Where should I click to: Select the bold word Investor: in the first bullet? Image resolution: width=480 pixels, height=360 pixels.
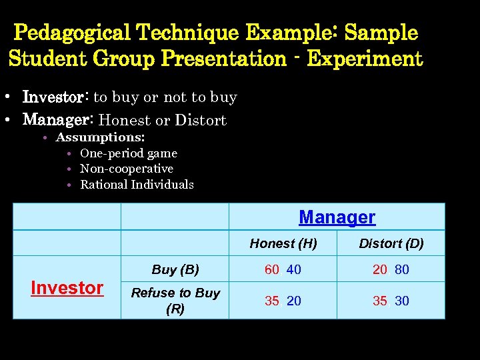pos(56,97)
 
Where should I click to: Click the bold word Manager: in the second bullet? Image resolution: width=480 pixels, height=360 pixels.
pos(59,120)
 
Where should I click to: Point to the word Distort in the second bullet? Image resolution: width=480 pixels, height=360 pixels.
pos(200,120)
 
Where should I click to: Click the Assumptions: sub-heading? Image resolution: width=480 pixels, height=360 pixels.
pos(100,137)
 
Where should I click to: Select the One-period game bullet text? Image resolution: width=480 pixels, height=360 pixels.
pos(129,153)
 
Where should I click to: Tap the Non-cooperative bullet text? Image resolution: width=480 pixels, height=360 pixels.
pos(127,169)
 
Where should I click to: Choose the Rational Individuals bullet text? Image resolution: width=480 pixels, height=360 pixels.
pos(137,185)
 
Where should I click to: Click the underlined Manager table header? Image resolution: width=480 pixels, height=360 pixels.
pos(337,217)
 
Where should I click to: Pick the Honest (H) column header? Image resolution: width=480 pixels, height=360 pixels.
pos(283,243)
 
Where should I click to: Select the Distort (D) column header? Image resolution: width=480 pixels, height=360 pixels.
pos(391,243)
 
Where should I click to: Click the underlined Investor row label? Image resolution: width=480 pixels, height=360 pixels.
pos(67,288)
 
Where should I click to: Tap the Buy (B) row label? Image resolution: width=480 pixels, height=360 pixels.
pos(175,269)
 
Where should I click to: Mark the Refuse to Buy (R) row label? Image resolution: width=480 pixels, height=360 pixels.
pos(175,301)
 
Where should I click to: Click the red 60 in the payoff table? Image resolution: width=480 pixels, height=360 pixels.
pos(272,270)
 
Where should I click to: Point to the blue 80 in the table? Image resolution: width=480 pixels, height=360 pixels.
pos(402,270)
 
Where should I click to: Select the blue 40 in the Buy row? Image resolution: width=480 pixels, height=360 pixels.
pos(294,270)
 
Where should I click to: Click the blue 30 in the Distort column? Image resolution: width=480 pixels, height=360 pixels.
pos(402,301)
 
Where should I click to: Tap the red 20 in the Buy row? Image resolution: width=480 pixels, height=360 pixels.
pos(380,270)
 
